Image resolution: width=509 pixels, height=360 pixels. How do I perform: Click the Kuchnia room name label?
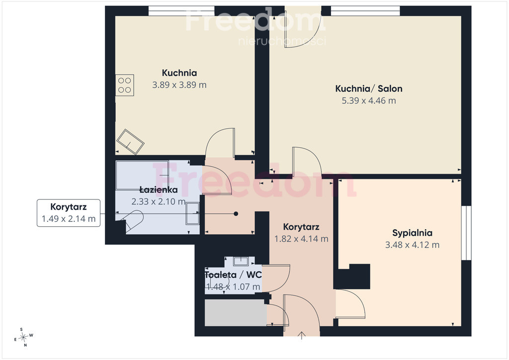pos(179,73)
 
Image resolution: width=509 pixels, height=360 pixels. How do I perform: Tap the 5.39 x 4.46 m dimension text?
pos(369,100)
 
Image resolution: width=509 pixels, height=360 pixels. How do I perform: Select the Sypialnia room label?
pos(412,233)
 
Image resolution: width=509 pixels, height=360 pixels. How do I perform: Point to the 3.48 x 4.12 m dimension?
pos(412,245)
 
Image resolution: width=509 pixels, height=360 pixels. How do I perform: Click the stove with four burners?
pos(125,85)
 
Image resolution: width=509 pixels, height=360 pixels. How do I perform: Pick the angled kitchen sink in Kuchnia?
pos(130,142)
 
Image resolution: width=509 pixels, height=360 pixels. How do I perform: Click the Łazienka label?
pos(159,189)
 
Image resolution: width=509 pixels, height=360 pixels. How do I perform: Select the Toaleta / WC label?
pos(233,274)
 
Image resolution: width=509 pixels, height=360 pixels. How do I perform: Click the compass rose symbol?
pos(23,338)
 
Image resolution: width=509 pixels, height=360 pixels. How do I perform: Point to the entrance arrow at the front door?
pos(302,336)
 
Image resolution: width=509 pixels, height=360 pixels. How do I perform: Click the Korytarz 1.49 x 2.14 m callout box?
pos(69,213)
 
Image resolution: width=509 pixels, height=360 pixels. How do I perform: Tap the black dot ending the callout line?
pos(236,214)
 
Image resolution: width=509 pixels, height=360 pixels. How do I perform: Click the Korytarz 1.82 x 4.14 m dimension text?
pos(301,239)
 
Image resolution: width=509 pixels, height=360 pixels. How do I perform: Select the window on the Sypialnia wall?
pos(466,233)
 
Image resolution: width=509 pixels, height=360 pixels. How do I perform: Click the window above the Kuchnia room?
pos(181,11)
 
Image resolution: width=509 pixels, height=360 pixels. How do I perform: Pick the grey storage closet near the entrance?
pos(236,313)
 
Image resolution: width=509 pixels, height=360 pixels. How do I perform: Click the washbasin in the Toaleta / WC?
pos(241,261)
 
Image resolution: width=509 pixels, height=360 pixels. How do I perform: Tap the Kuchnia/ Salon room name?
pos(369,89)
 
